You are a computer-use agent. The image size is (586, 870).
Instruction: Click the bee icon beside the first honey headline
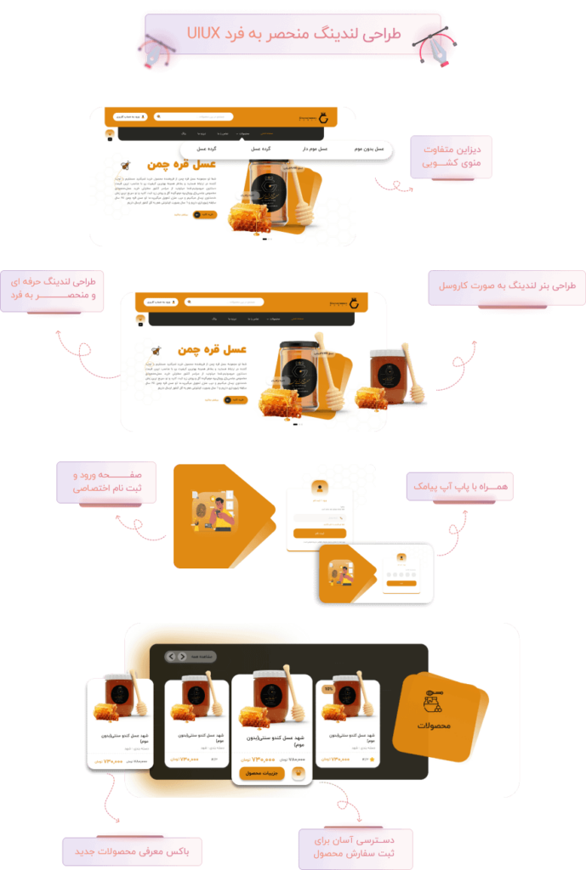pos(126,164)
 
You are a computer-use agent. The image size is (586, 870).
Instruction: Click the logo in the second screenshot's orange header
pos(353,302)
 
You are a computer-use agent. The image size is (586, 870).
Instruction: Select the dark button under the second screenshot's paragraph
pos(234,399)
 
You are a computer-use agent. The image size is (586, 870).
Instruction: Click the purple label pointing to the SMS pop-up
pos(459,486)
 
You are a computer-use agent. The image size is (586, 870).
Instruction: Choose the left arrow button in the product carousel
pos(171,657)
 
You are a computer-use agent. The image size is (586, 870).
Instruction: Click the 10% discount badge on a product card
pos(328,689)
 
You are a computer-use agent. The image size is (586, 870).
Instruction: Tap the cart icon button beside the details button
pos(299,773)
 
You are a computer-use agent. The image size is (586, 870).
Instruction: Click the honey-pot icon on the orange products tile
pos(434,702)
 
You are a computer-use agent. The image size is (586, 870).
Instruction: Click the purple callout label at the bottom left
pos(111,850)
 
